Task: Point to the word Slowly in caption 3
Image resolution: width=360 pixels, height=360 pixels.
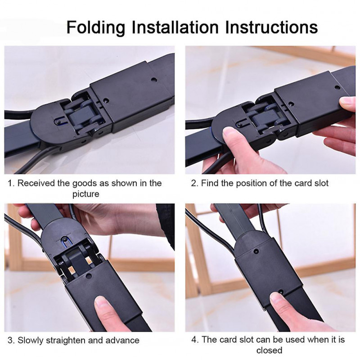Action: (x=31, y=340)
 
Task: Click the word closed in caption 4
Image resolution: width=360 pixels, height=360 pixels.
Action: (x=269, y=350)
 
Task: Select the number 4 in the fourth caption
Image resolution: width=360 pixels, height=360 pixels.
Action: (x=194, y=339)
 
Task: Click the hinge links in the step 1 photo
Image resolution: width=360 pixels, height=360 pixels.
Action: (x=79, y=115)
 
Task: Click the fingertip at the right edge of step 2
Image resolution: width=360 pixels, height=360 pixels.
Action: (x=348, y=103)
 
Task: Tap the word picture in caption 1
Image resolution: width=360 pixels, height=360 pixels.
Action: (x=85, y=194)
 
